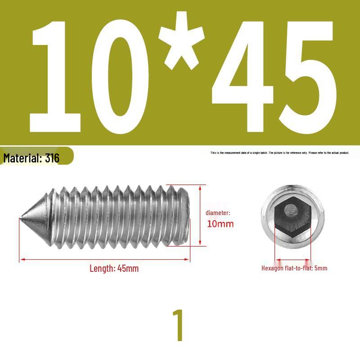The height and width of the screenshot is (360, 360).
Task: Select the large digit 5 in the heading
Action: coord(308,77)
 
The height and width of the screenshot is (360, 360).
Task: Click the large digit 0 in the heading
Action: coord(120,77)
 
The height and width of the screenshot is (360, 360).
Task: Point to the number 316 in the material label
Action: coord(52,158)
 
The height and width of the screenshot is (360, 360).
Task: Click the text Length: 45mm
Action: coord(114,268)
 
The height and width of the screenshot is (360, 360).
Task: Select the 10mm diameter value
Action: coord(220,224)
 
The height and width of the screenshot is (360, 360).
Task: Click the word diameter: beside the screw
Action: coord(218,213)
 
